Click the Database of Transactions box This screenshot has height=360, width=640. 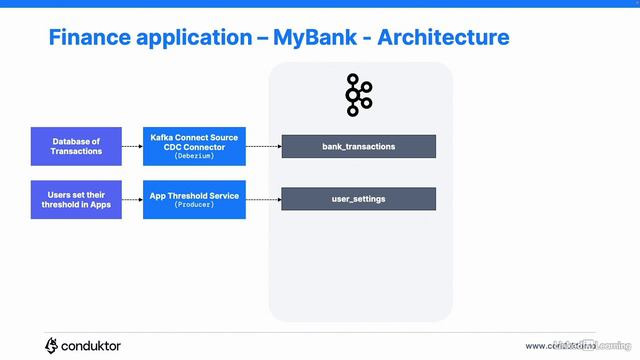point(77,146)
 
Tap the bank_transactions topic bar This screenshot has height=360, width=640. point(358,146)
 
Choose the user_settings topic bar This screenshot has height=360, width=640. point(358,199)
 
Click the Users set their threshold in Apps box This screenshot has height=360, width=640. point(77,199)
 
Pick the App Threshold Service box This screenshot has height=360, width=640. point(194,199)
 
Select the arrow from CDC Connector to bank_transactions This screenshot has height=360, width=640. point(262,146)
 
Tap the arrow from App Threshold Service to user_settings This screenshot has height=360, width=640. point(262,199)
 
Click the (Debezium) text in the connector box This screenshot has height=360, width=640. point(194,157)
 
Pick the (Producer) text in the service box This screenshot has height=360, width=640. point(194,205)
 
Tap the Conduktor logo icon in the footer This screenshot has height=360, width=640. point(52,345)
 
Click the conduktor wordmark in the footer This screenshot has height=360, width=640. point(91,346)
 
